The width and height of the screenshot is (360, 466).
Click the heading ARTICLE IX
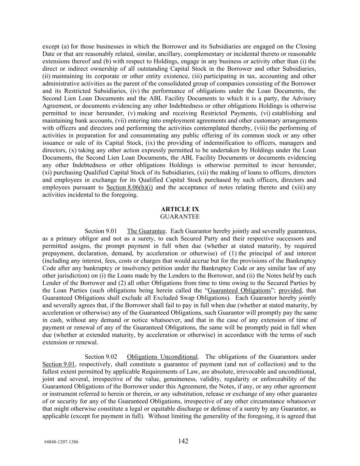click(180, 209)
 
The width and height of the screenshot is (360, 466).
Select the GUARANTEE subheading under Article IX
click(180, 216)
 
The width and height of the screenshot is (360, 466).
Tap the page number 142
click(183, 441)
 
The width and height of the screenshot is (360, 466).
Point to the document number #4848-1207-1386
click(61, 442)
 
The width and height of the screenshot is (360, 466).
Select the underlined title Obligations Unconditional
click(162, 357)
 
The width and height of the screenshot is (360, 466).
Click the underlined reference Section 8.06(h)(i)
click(129, 187)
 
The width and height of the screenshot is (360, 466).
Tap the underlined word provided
click(290, 290)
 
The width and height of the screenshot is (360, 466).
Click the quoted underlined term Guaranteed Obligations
click(239, 290)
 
